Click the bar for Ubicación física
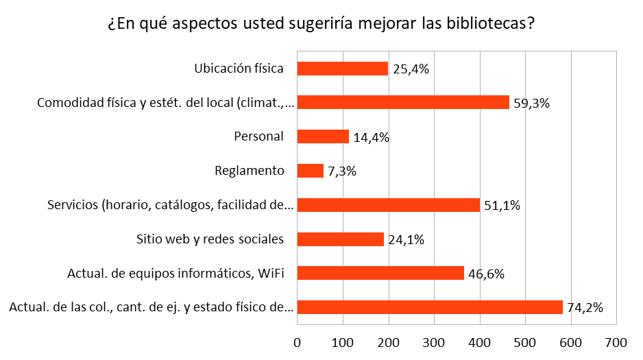point(342,69)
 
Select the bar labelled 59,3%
point(403,103)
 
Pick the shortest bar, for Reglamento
point(310,171)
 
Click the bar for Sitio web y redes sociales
point(340,239)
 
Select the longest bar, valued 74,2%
point(430,307)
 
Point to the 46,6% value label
point(486,274)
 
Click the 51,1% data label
point(502,206)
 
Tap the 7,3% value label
point(342,171)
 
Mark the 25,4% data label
point(411,69)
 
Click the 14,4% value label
point(372,137)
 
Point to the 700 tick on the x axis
point(616,341)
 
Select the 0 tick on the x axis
point(297,341)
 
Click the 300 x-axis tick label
point(434,341)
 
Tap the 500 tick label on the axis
point(525,341)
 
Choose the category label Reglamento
point(249,171)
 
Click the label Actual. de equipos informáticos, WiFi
point(176,274)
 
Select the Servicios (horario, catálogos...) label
point(171,205)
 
